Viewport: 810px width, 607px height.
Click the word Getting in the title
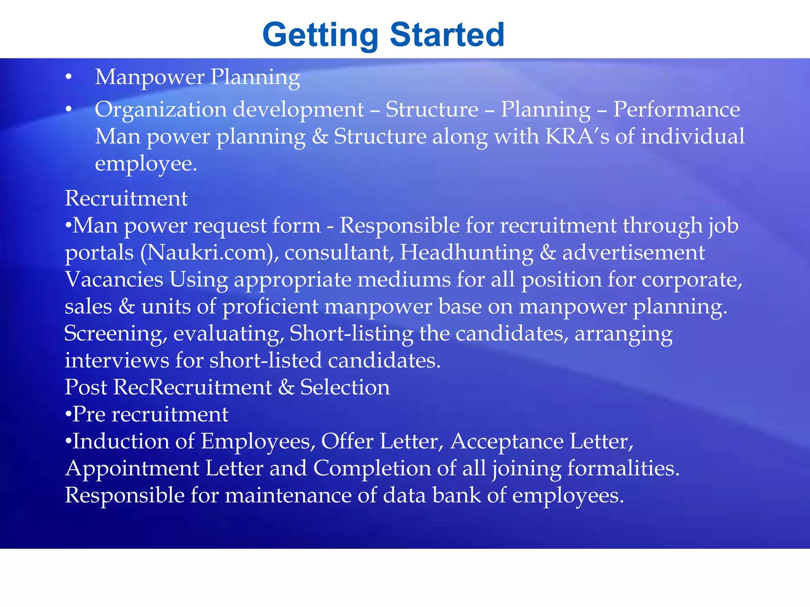click(x=320, y=36)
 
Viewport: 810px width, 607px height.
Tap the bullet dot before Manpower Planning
click(x=69, y=77)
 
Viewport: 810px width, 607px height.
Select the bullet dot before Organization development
click(x=69, y=109)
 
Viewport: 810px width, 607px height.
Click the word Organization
click(x=160, y=110)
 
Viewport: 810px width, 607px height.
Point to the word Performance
click(x=676, y=109)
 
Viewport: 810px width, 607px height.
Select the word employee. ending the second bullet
click(x=146, y=164)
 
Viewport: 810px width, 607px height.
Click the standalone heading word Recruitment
click(x=126, y=198)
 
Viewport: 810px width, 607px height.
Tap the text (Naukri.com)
click(x=209, y=253)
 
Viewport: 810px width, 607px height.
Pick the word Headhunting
click(x=466, y=253)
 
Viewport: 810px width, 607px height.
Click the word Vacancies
click(x=114, y=280)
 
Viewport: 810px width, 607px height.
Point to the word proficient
click(x=270, y=307)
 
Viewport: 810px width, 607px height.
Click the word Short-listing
click(x=351, y=334)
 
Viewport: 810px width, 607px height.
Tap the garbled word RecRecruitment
click(x=193, y=387)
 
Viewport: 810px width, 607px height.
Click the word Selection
click(x=345, y=387)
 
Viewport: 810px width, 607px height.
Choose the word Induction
click(x=121, y=441)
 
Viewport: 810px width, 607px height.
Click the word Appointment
click(x=132, y=469)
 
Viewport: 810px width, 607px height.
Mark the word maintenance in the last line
click(x=288, y=496)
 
